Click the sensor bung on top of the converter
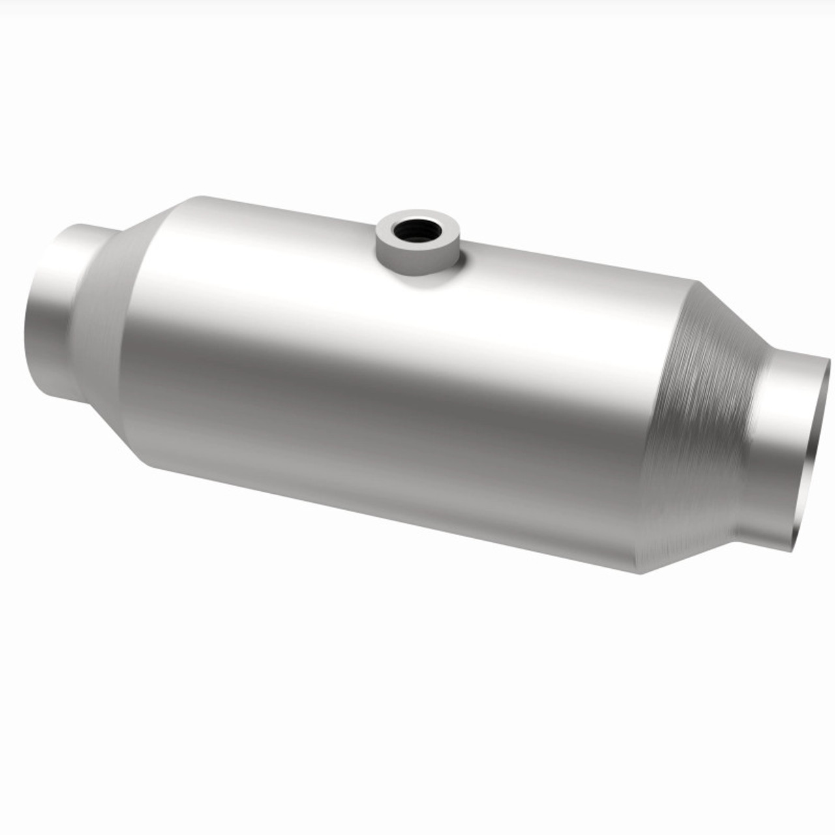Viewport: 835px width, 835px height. (417, 245)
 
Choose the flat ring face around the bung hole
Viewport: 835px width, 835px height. (433, 225)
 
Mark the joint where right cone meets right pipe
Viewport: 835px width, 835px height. (750, 450)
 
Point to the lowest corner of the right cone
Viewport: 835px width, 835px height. (643, 573)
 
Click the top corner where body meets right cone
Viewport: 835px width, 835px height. (697, 282)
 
